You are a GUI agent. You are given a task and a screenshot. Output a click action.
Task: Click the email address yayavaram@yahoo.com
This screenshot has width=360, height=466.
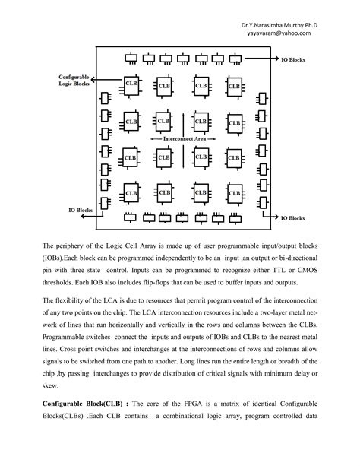coord(278,33)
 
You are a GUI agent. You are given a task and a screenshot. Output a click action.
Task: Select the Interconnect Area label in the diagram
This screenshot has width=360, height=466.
coord(182,140)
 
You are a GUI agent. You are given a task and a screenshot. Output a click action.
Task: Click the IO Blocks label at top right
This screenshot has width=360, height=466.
coord(293,59)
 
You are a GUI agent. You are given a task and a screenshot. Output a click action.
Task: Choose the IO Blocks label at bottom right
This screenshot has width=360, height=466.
coord(293,218)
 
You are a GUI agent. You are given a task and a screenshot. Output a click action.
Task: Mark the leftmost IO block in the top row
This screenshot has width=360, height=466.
coord(131,58)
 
